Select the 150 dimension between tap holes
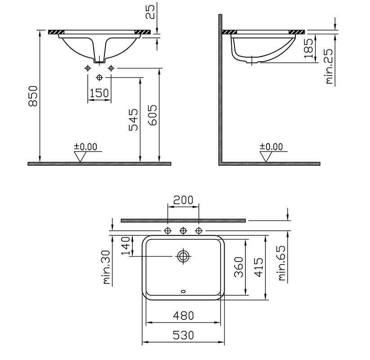click(x=99, y=93)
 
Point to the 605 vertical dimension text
click(x=152, y=116)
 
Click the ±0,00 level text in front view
click(x=85, y=146)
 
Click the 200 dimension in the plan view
click(x=183, y=199)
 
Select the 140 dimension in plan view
click(x=126, y=247)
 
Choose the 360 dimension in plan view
click(x=239, y=268)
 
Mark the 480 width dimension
click(x=184, y=315)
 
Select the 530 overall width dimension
click(x=183, y=335)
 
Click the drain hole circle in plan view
click(x=183, y=256)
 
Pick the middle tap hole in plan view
click(x=183, y=231)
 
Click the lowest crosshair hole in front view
click(x=99, y=77)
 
